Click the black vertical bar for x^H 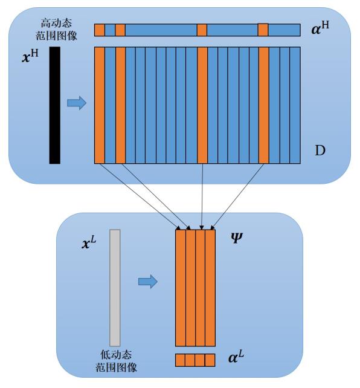(54, 105)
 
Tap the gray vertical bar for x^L (115, 288)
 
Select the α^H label (320, 28)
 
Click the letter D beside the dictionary (320, 150)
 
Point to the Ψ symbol (236, 238)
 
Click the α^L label (236, 357)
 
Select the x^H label (30, 56)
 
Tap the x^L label (89, 242)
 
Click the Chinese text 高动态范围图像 (56, 30)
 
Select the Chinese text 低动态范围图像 (116, 361)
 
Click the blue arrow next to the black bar (77, 103)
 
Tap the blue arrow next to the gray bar (148, 282)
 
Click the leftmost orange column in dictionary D (100, 105)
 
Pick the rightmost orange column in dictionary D (264, 105)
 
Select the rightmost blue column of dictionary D (295, 105)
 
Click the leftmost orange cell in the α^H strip (100, 30)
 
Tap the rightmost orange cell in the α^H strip (263, 30)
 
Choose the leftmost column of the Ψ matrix (181, 288)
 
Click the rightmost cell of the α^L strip (210, 360)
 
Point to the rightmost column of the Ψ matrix (210, 288)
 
